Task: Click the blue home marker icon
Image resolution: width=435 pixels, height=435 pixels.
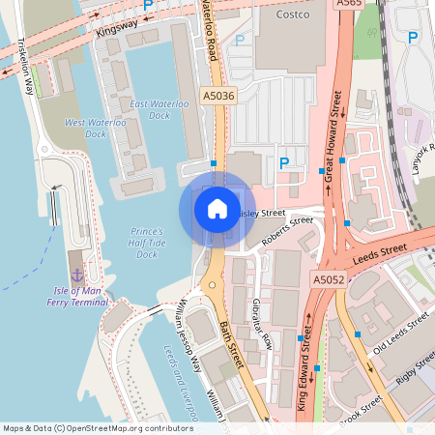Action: (x=217, y=209)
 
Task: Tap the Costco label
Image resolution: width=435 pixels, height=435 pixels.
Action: (x=291, y=15)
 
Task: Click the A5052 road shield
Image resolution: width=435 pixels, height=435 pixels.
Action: (x=329, y=279)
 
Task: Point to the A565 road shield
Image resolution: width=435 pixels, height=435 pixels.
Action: (x=350, y=4)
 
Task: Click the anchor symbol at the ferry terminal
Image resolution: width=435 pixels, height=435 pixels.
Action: (x=77, y=263)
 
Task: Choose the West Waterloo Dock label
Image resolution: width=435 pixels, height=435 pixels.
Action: (x=85, y=128)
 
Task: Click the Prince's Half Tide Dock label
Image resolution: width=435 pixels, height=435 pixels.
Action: (x=147, y=243)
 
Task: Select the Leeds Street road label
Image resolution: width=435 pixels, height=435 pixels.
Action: (x=379, y=251)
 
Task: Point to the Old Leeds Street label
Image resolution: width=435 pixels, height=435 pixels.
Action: (x=399, y=332)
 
